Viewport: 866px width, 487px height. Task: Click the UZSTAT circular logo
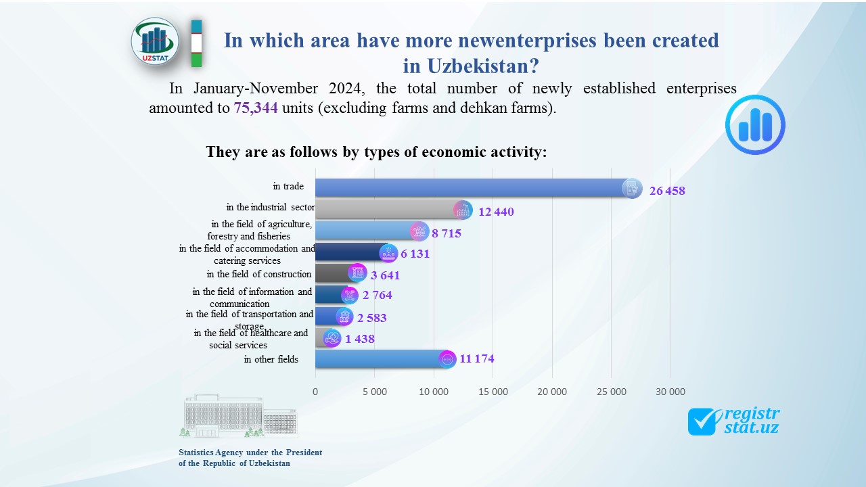coord(155,42)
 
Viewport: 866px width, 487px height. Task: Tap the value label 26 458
coord(667,191)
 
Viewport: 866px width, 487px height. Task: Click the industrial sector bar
coord(386,209)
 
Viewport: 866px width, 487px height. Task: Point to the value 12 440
coord(496,212)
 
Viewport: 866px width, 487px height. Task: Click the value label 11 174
coord(477,359)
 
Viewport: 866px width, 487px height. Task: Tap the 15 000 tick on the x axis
coord(493,392)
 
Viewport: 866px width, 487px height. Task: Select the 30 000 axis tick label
coord(670,392)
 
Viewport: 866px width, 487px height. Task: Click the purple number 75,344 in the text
coord(256,108)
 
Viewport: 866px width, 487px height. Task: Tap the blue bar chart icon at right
coord(755,125)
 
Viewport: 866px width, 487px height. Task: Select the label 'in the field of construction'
coord(259,274)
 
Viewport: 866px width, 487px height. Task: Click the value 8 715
coord(447,233)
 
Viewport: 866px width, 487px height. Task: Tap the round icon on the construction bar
coord(358,273)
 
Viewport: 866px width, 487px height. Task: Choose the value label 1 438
coord(360,339)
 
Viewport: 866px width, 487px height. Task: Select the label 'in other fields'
coord(271,359)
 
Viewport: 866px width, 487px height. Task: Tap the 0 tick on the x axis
coord(315,392)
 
